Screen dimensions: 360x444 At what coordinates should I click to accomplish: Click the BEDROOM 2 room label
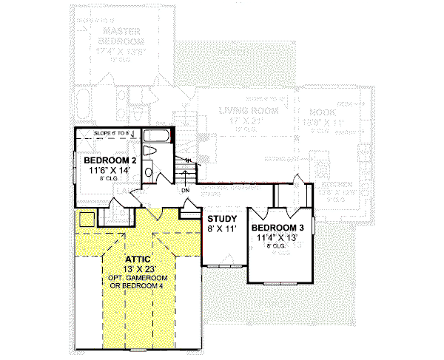tap(110, 160)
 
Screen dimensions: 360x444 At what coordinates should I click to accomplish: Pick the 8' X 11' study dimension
tap(221, 228)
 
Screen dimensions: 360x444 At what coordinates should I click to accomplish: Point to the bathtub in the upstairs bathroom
tap(158, 136)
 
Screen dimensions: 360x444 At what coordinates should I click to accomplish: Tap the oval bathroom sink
tap(148, 172)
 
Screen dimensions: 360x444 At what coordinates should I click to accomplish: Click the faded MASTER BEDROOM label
tap(122, 35)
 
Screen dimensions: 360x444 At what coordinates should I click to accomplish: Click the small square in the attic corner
tap(86, 219)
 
